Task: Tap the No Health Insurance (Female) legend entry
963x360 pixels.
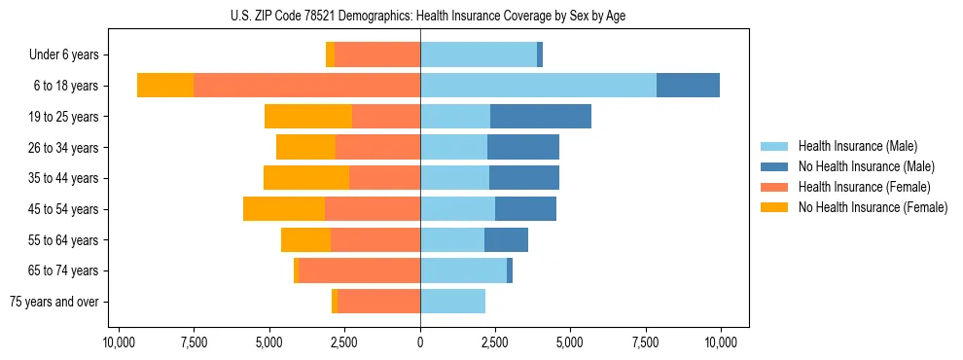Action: (872, 207)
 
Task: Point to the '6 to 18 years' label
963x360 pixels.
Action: (66, 86)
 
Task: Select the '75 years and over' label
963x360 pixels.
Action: (54, 302)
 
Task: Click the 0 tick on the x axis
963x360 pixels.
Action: (420, 342)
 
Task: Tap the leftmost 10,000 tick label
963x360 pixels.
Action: (119, 342)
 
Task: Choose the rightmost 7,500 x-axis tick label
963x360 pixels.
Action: (646, 342)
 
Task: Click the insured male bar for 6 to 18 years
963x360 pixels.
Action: (538, 86)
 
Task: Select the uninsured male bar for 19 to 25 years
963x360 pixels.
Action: (541, 117)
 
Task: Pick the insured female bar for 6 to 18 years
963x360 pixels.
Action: (306, 86)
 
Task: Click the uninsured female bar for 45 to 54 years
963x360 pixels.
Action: (284, 209)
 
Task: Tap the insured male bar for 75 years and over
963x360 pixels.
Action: (452, 302)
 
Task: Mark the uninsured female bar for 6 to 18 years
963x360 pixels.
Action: (165, 86)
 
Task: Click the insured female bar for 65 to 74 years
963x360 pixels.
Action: (359, 270)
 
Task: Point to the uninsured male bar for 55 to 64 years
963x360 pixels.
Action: (506, 240)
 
